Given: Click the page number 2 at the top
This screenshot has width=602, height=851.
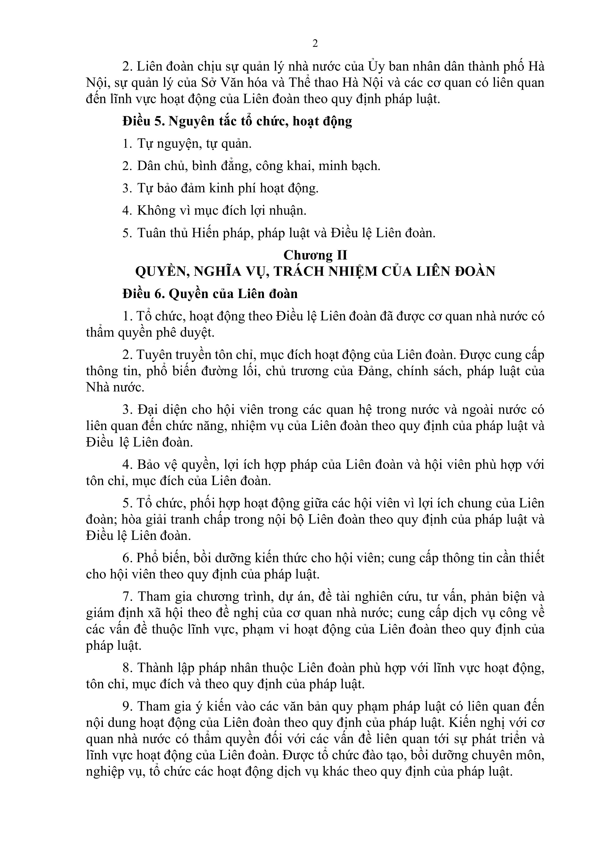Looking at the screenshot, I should coord(315,44).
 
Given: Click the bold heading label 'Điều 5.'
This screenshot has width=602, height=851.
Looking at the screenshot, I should coord(144,121).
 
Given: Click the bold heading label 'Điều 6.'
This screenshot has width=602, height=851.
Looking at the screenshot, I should coord(144,293).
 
